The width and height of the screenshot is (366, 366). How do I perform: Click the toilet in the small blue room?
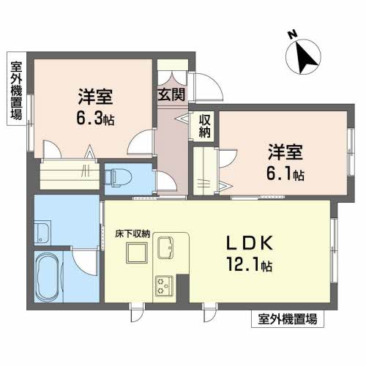click(x=118, y=178)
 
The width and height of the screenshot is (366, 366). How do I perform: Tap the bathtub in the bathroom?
click(x=48, y=277)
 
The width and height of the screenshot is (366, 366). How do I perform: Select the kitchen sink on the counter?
click(x=165, y=247)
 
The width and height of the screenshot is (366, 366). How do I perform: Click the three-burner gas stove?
click(x=164, y=285)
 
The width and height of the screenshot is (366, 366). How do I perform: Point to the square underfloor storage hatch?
click(x=137, y=253)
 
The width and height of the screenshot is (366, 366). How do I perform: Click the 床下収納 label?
click(x=132, y=234)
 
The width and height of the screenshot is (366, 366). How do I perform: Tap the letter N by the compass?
click(x=292, y=34)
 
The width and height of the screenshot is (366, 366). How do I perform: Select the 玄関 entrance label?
click(x=171, y=94)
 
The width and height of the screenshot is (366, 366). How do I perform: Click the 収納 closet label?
click(x=204, y=126)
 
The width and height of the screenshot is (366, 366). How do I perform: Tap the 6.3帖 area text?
click(x=95, y=119)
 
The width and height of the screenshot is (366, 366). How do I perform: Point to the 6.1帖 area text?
click(x=285, y=174)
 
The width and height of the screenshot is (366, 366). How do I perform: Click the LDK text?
click(x=250, y=243)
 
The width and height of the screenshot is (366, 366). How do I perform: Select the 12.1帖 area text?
click(x=250, y=264)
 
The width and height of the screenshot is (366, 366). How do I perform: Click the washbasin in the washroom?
click(x=42, y=233)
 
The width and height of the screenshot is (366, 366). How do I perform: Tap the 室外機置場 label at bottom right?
click(x=288, y=319)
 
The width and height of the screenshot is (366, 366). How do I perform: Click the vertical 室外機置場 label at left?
click(x=16, y=91)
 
